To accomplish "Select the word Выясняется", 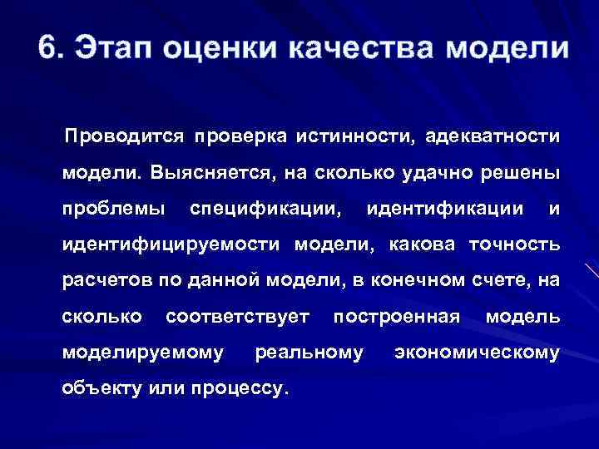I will click(212, 172).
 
